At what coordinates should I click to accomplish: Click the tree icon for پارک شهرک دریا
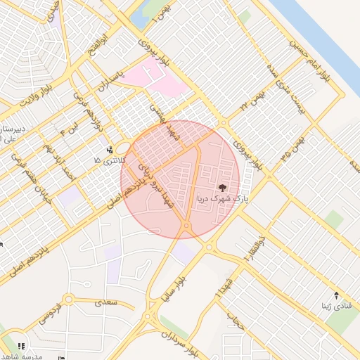click(223, 188)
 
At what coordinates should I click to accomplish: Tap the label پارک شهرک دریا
click(223, 200)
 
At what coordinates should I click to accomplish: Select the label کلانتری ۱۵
click(108, 161)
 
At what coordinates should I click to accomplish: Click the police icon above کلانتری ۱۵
click(109, 149)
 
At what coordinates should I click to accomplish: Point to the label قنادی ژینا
click(335, 306)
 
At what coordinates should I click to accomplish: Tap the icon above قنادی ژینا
click(336, 295)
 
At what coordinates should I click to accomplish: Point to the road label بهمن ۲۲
click(255, 99)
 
